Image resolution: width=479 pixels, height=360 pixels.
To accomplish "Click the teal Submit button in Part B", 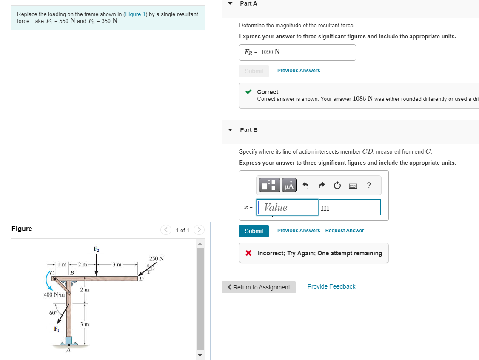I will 254,231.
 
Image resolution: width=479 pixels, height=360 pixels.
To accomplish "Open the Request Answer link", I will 344,231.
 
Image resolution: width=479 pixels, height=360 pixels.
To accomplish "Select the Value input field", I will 287,207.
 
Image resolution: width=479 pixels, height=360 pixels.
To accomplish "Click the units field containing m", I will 349,207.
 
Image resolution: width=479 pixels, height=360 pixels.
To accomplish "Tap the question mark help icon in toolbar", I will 369,185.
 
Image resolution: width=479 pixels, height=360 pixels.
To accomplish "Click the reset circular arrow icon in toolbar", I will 337,185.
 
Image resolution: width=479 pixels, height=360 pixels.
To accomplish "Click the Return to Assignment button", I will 259,287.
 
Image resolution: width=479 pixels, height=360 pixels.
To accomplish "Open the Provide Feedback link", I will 331,286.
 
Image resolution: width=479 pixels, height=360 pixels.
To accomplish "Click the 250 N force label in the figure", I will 157,259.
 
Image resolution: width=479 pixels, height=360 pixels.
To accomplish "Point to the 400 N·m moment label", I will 54,294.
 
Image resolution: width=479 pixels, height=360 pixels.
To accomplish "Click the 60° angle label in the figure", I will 53,313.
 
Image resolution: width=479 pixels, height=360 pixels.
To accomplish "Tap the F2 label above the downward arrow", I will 96,249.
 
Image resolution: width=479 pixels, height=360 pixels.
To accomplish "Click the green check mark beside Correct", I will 249,92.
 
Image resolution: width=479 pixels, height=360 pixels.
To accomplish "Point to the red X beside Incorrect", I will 248,253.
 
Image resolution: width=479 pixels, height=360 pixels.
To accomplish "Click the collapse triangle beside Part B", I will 230,130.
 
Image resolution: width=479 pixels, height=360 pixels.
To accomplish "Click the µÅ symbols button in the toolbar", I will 289,185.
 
